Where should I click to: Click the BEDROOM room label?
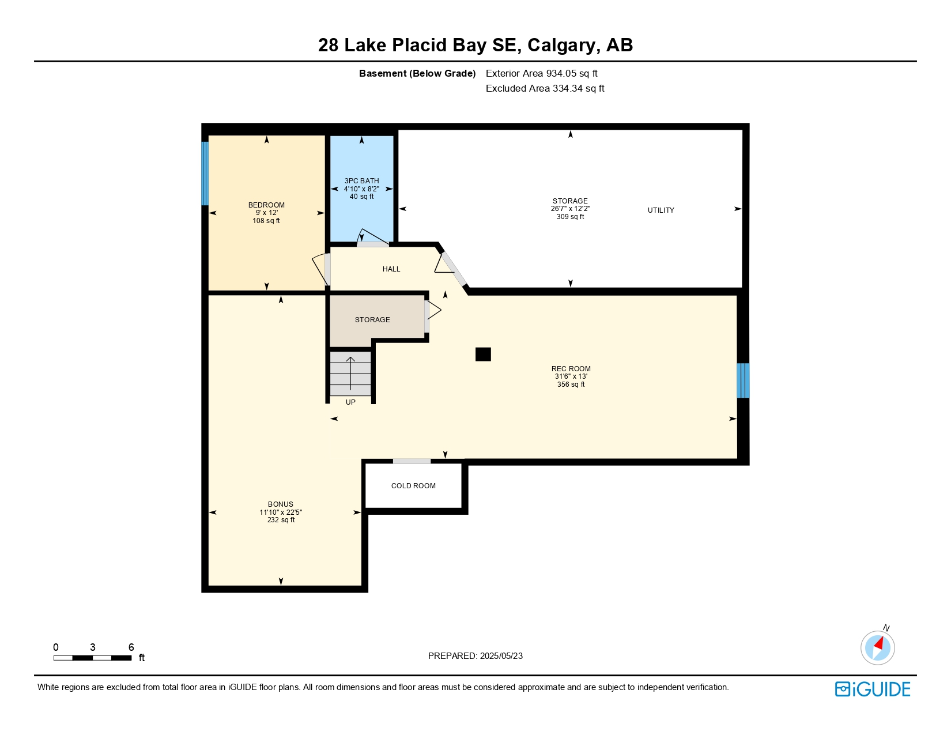[x=266, y=205]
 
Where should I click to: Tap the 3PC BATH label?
[x=361, y=181]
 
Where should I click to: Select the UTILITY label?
[x=661, y=210]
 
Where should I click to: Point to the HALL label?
[x=391, y=269]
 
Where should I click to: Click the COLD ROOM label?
[x=413, y=485]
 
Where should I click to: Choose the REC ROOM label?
[x=571, y=368]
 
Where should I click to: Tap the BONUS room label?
[x=281, y=504]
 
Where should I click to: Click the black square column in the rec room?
[x=483, y=354]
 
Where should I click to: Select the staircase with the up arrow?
[x=350, y=374]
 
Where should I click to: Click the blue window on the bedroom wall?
[x=205, y=174]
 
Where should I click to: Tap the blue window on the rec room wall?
[x=743, y=380]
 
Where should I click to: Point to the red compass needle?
[x=879, y=643]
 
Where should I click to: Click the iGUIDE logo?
[x=872, y=689]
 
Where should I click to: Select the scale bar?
[x=92, y=658]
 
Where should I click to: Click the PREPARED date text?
[x=476, y=656]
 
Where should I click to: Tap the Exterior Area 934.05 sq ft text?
[x=541, y=74]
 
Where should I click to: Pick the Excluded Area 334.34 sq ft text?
[x=545, y=88]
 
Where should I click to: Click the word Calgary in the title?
[x=561, y=46]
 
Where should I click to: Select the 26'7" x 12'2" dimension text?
[x=570, y=209]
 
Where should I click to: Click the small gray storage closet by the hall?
[x=372, y=319]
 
